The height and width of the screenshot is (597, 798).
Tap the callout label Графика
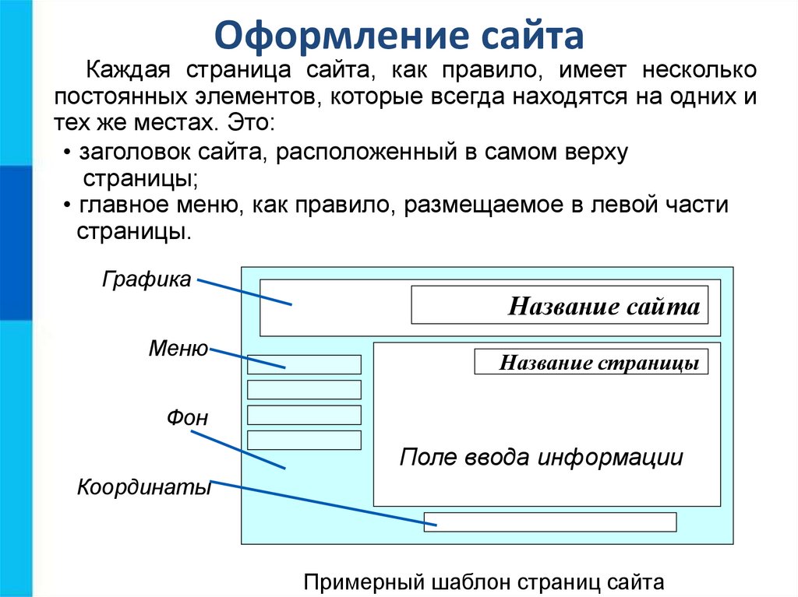coord(147,279)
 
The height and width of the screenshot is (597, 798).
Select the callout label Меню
coord(178,349)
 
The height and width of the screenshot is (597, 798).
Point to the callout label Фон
coord(187,417)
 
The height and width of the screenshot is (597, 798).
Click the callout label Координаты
coord(144,487)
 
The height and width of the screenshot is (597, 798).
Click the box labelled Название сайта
coord(560,305)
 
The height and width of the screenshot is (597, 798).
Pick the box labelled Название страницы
coord(591,362)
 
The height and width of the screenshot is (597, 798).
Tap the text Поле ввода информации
coord(541,457)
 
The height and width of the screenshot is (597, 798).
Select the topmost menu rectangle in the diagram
coord(304,364)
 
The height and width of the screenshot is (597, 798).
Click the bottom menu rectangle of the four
coord(304,440)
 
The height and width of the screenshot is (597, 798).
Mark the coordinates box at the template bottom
coord(550,522)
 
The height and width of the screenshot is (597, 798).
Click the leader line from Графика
coord(244,292)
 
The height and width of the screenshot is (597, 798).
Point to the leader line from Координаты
coord(323,503)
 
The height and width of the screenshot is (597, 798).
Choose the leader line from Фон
coord(238,450)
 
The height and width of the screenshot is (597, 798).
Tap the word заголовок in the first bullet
coord(135,152)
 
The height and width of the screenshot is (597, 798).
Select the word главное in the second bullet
coord(125,205)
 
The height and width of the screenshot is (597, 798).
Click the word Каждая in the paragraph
coord(128,70)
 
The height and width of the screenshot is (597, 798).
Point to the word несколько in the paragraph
coord(699,70)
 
